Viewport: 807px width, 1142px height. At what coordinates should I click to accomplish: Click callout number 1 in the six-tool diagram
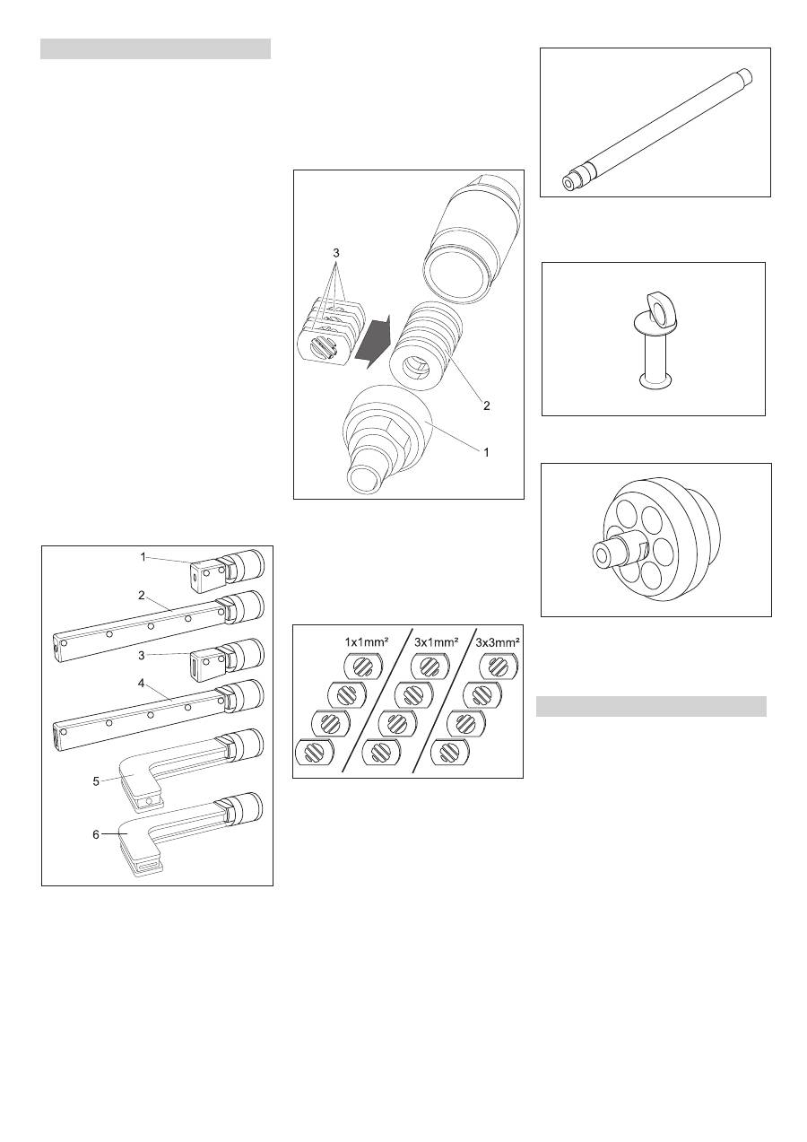(143, 557)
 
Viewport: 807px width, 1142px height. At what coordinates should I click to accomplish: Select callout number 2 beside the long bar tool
(142, 595)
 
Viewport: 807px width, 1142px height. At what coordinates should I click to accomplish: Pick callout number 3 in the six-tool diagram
(142, 656)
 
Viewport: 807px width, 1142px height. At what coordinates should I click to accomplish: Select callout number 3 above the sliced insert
(335, 253)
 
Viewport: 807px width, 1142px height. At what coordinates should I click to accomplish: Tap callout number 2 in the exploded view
(487, 405)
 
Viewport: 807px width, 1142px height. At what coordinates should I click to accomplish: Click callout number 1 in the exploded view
(487, 452)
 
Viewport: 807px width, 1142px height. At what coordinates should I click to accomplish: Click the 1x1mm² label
(367, 641)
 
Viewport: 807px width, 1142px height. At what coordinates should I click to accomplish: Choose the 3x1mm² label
(435, 641)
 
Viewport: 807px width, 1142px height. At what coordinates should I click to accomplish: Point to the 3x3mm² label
(498, 641)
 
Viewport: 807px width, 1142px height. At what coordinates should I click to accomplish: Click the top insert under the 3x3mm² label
(499, 667)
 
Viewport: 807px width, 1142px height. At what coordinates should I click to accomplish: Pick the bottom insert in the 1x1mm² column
(315, 752)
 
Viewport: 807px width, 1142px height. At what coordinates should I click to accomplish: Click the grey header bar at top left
(155, 49)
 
